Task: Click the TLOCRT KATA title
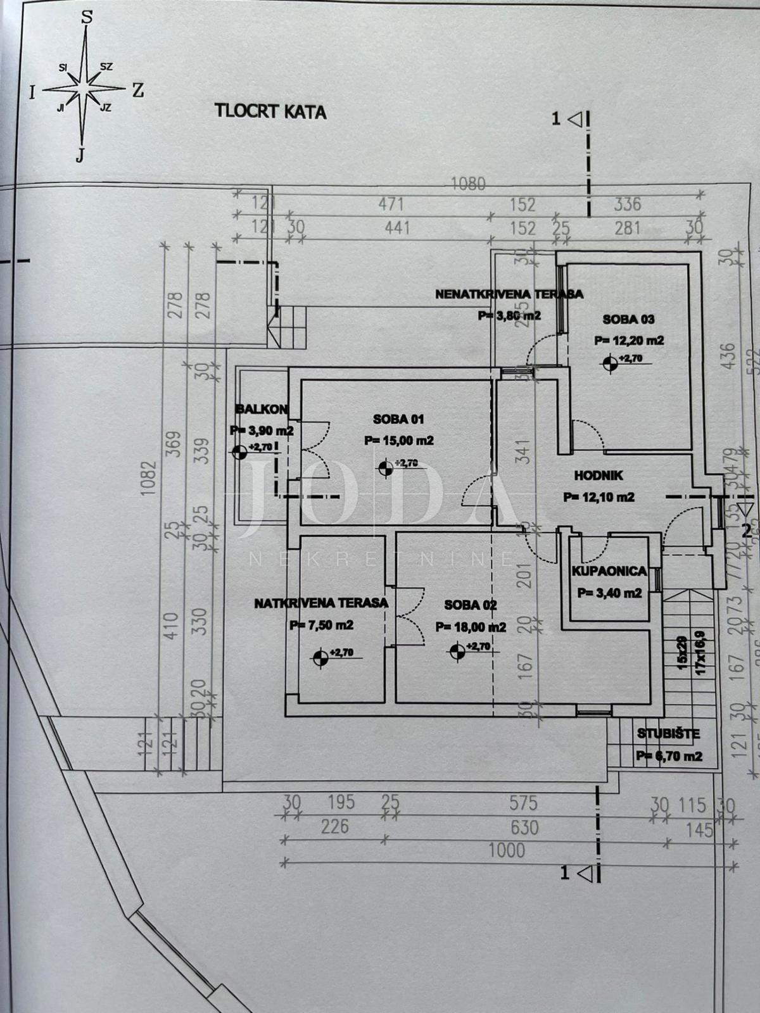point(270,111)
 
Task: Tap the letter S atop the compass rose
point(87,17)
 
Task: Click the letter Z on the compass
point(137,91)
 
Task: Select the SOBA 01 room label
point(398,418)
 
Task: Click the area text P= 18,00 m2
point(471,627)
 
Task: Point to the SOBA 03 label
point(628,319)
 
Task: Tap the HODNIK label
point(598,475)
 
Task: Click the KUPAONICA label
point(609,571)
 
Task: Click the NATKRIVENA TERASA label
point(321,603)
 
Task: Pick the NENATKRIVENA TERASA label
point(509,294)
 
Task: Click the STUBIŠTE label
point(668,734)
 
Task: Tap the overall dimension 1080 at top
point(468,184)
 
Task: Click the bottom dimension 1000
point(506,850)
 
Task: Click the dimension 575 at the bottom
point(523,803)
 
